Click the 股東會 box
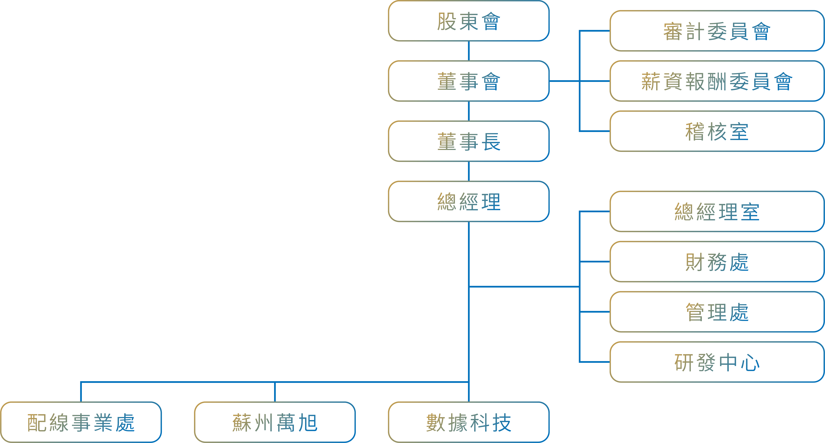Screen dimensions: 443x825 click(x=469, y=21)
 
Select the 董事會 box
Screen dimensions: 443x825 click(x=469, y=81)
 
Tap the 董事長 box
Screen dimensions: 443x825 click(x=469, y=141)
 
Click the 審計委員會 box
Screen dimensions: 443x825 click(x=717, y=31)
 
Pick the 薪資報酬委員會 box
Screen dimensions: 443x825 click(x=717, y=81)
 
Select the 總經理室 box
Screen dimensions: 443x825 click(x=717, y=212)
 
